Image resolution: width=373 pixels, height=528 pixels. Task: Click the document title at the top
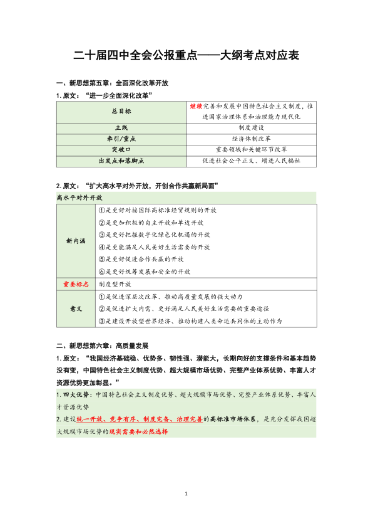coord(186,55)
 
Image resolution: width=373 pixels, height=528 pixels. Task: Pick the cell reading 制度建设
coord(252,127)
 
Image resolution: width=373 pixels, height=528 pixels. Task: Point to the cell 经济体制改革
coord(252,138)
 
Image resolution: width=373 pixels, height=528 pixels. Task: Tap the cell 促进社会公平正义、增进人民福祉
coord(252,161)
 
